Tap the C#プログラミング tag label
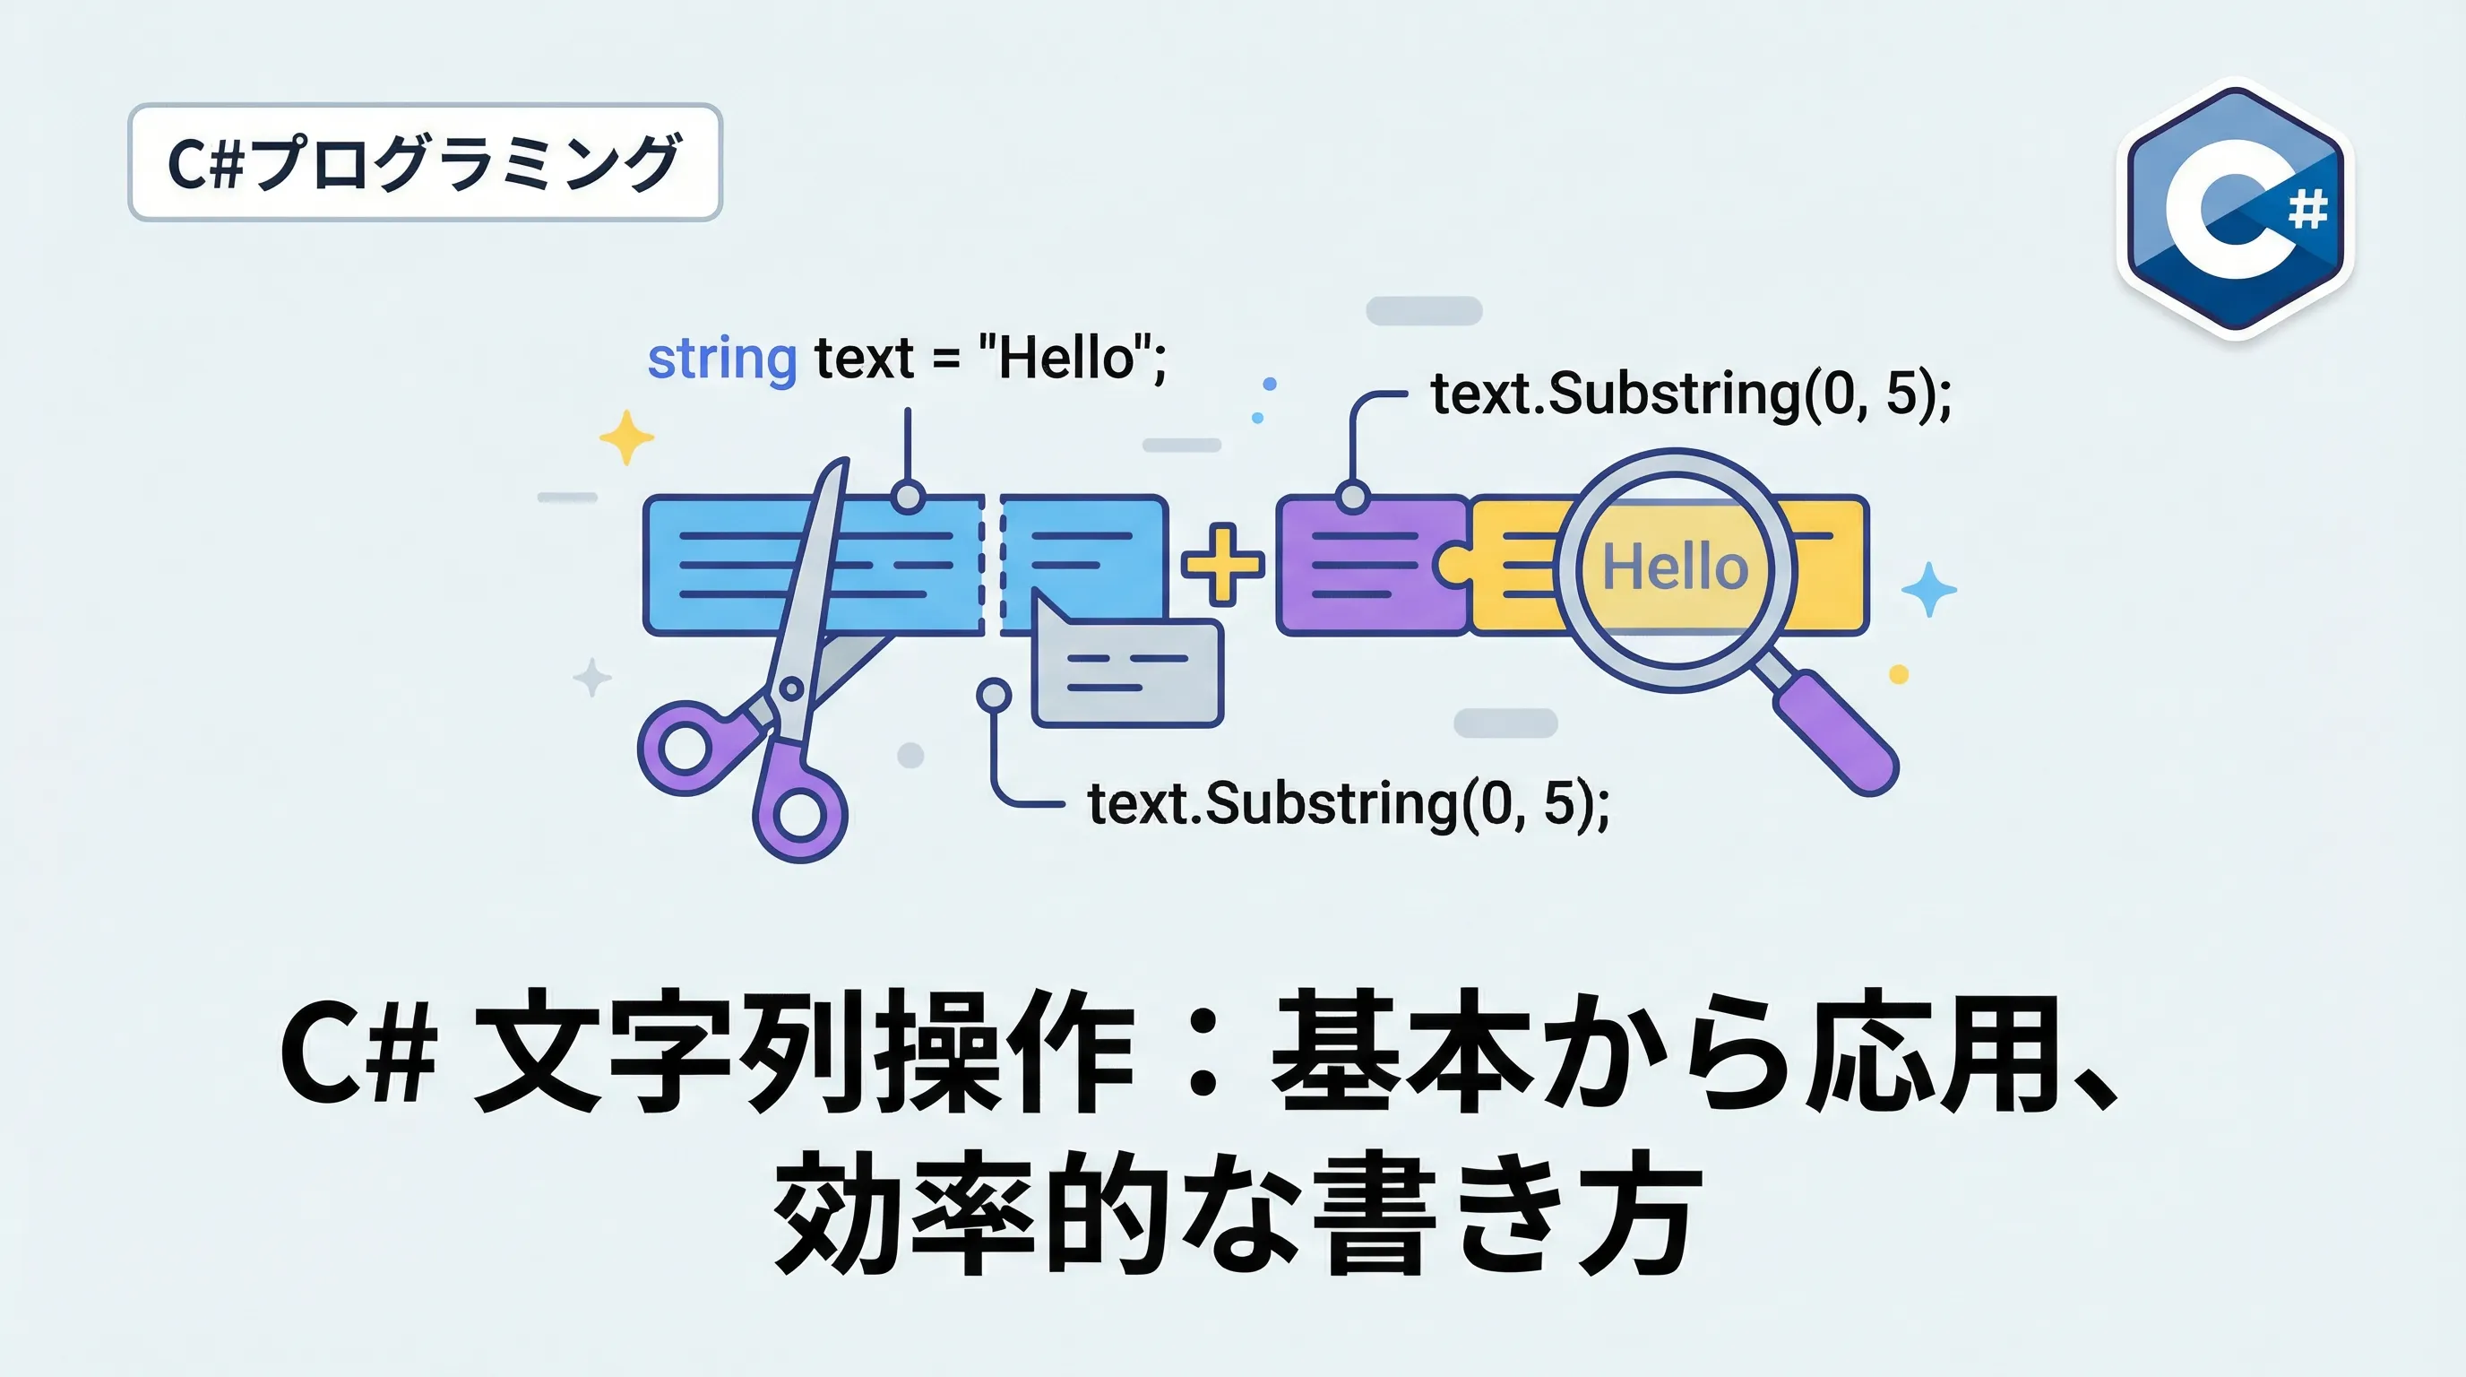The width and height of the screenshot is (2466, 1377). coord(424,163)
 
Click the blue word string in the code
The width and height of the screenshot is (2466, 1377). coord(722,359)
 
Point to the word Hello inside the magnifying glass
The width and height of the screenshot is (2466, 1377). coord(1676,566)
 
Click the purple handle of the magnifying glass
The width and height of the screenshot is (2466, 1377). coord(1836,733)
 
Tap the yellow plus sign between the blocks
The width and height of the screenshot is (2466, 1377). coord(1221,564)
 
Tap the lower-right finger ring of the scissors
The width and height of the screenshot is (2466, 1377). coord(800,814)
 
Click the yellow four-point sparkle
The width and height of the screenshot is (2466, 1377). coord(626,437)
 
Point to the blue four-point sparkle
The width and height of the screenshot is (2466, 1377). coord(1928,589)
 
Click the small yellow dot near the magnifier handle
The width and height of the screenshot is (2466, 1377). coord(1898,675)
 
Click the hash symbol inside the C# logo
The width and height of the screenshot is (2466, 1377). coord(2307,209)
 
